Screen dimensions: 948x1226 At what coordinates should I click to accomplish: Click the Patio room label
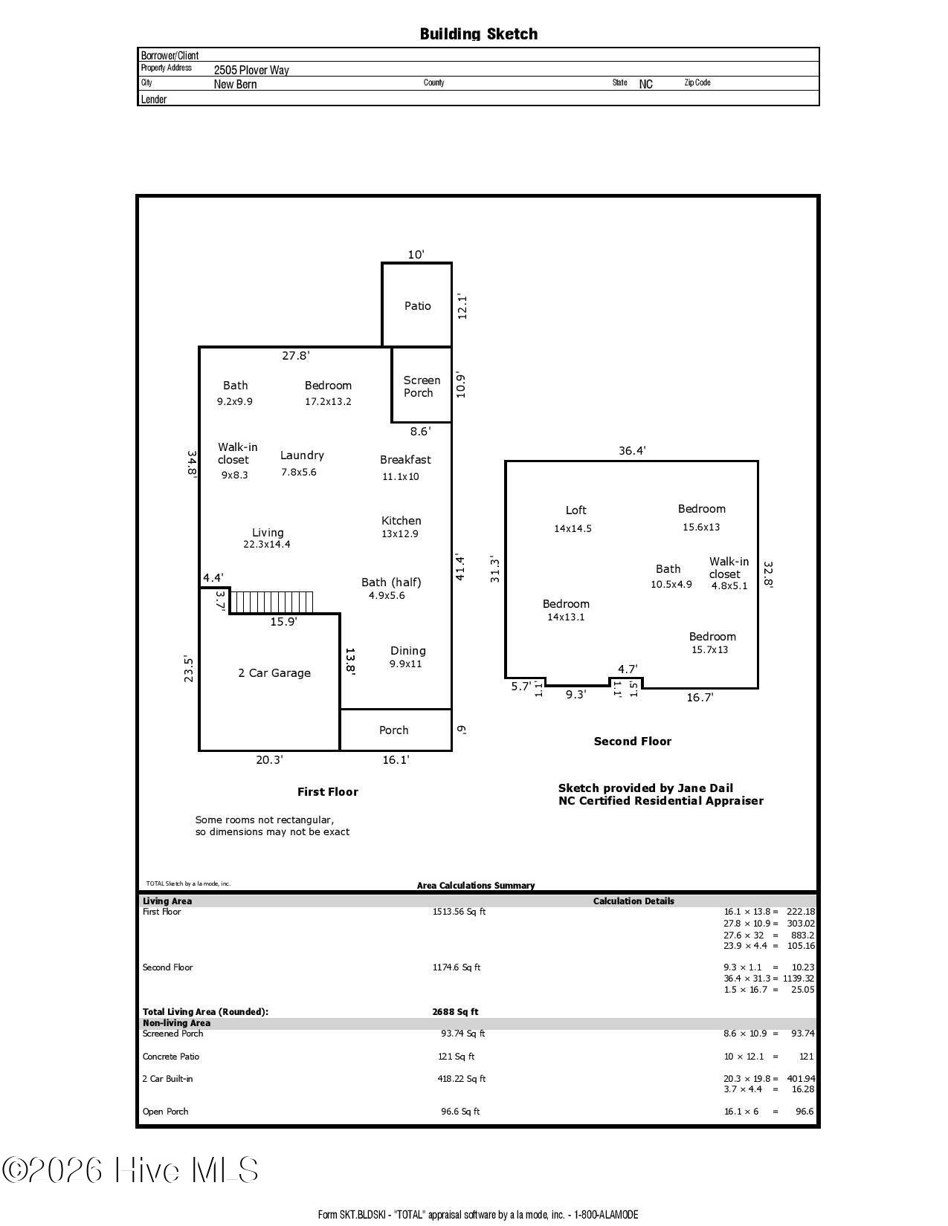pyautogui.click(x=417, y=306)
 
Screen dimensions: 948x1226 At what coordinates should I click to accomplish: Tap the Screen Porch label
pyautogui.click(x=421, y=386)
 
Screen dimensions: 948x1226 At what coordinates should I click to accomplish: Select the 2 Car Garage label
pyautogui.click(x=274, y=672)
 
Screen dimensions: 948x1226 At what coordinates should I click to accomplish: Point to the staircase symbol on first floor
pyautogui.click(x=271, y=602)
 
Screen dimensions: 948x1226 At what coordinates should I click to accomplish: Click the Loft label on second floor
pyautogui.click(x=576, y=510)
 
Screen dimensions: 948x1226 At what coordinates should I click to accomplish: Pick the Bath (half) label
pyautogui.click(x=391, y=583)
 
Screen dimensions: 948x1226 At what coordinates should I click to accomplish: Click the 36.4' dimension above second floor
pyautogui.click(x=632, y=450)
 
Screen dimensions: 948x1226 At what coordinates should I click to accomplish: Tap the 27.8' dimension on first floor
pyautogui.click(x=296, y=355)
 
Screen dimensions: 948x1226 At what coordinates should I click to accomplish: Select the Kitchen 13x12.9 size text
pyautogui.click(x=400, y=533)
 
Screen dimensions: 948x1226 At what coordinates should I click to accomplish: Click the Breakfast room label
pyautogui.click(x=405, y=460)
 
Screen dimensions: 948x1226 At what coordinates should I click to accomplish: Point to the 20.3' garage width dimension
pyautogui.click(x=269, y=760)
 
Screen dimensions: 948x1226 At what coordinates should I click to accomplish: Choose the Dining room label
pyautogui.click(x=407, y=650)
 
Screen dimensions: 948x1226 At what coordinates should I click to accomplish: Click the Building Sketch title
pyautogui.click(x=479, y=34)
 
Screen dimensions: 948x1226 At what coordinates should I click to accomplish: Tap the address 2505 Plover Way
pyautogui.click(x=251, y=70)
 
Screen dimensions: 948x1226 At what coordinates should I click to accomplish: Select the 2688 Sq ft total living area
pyautogui.click(x=455, y=1011)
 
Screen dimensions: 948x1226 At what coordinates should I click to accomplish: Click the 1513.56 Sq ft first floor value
pyautogui.click(x=459, y=911)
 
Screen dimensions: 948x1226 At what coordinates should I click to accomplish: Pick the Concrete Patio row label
pyautogui.click(x=170, y=1056)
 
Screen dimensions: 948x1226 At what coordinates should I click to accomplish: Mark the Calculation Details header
pyautogui.click(x=633, y=901)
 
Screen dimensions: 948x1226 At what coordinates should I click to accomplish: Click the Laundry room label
pyautogui.click(x=302, y=455)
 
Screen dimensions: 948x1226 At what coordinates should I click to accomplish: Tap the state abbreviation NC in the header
pyautogui.click(x=646, y=84)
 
